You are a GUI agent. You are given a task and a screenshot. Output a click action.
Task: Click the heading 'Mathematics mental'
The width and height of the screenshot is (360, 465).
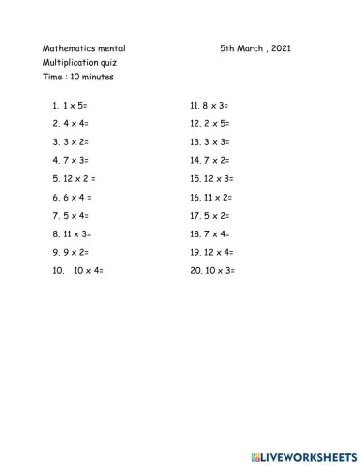click(84, 47)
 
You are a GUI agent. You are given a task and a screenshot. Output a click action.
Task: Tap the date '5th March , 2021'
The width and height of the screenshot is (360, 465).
click(255, 47)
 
